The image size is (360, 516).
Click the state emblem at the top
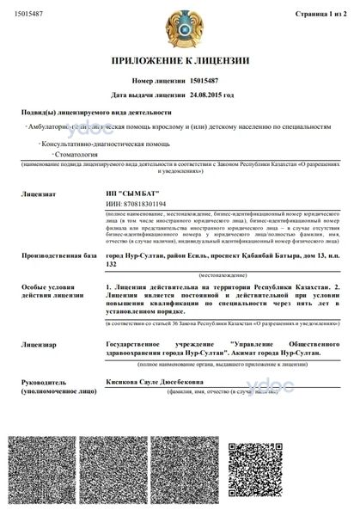(180, 28)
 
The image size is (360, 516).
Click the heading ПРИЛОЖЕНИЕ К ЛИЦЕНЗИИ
(180, 61)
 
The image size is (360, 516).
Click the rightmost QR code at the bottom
(311, 471)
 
